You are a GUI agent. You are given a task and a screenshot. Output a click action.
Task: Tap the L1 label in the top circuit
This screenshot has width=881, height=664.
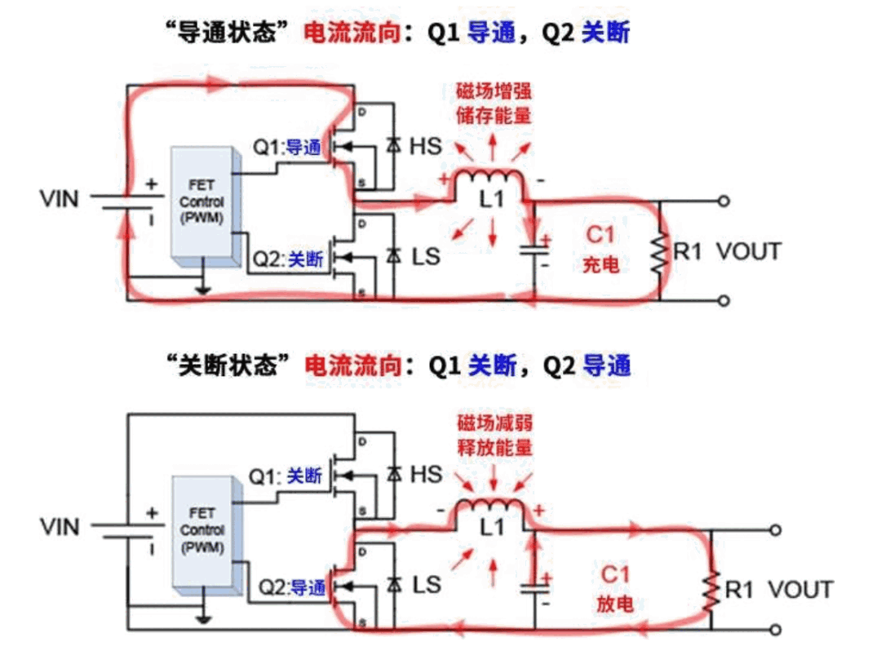click(x=491, y=201)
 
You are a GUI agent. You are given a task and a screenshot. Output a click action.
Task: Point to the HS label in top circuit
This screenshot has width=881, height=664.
click(x=425, y=147)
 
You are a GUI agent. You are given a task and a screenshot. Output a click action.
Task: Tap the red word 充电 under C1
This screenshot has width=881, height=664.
click(x=600, y=266)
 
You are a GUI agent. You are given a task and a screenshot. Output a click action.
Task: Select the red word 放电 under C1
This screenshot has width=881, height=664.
click(x=613, y=604)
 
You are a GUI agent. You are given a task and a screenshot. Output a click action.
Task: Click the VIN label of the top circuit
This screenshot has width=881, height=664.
click(x=61, y=198)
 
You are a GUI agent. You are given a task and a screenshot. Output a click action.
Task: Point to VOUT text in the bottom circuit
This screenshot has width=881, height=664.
click(x=800, y=590)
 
